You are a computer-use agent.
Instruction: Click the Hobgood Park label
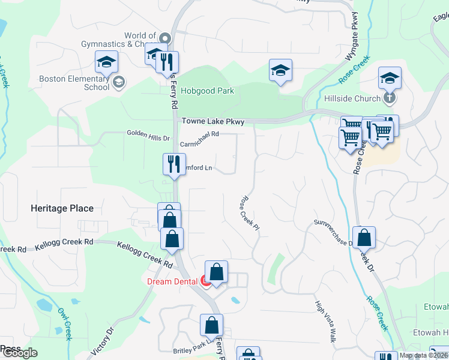tap(207, 91)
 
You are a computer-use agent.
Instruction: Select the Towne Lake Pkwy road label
tap(213, 122)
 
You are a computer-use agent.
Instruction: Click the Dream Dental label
tap(172, 281)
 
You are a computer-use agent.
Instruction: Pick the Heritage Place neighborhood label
tap(62, 208)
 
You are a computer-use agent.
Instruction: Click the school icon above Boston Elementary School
tap(106, 62)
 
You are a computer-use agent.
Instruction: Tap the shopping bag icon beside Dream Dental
tap(216, 272)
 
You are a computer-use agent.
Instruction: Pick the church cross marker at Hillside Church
tap(390, 98)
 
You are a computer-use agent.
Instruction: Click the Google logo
tap(20, 353)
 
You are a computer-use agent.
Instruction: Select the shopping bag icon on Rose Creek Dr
tap(364, 238)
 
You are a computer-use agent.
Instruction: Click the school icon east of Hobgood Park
tap(280, 70)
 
